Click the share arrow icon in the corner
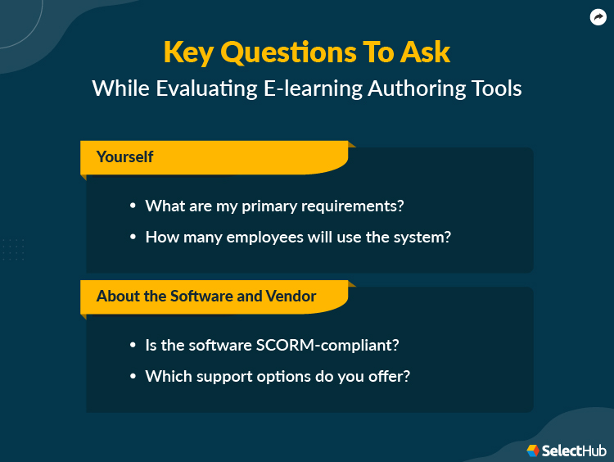[x=598, y=17]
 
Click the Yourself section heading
[x=124, y=156]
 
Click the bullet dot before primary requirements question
[x=133, y=207]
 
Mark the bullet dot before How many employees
[x=133, y=238]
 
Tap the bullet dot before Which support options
[x=133, y=377]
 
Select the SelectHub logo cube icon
[x=533, y=451]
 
